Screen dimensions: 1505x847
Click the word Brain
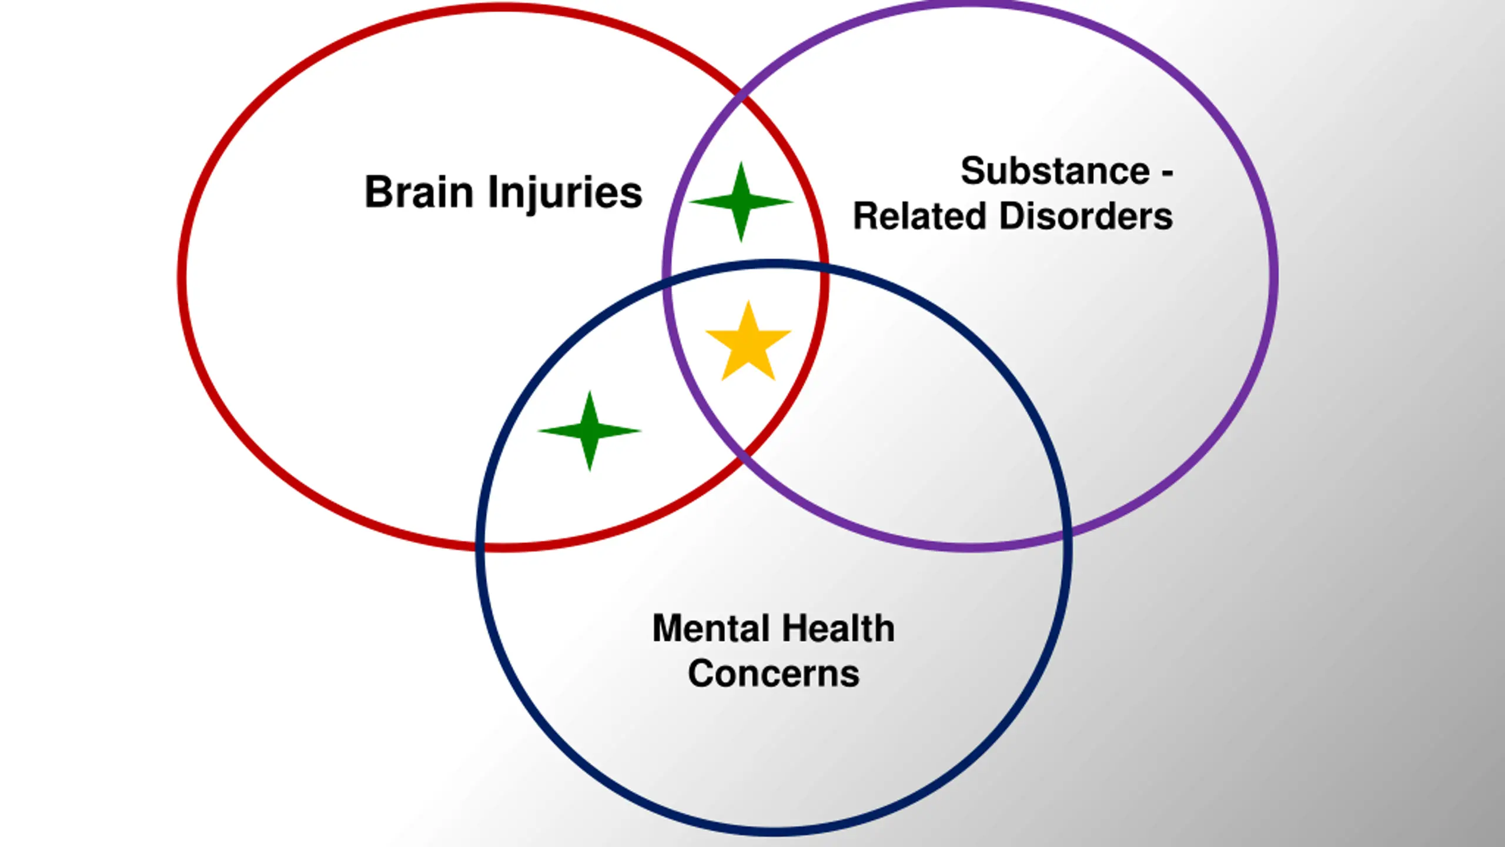point(419,192)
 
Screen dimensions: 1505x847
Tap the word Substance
point(1055,171)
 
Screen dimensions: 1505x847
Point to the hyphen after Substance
point(1168,173)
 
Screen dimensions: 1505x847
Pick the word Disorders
point(1086,216)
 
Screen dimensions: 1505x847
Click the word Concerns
point(774,674)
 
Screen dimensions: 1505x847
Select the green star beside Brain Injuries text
point(741,202)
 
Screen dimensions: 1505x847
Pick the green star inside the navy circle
point(590,431)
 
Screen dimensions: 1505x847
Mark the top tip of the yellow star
point(748,301)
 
